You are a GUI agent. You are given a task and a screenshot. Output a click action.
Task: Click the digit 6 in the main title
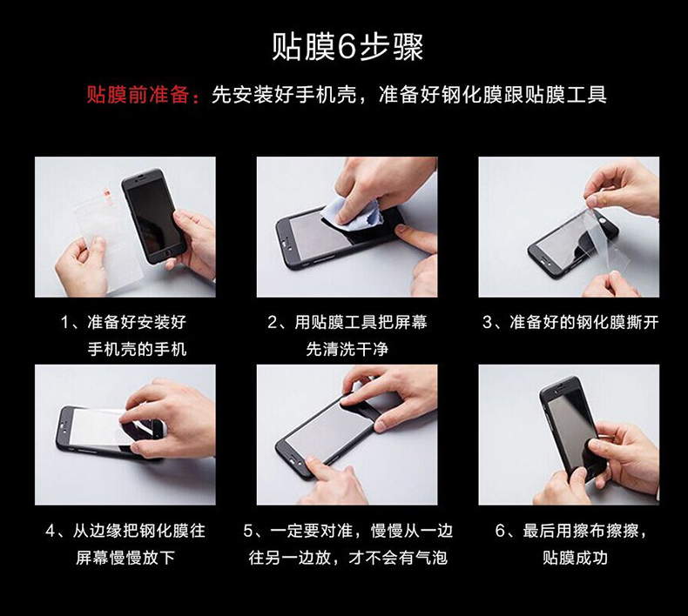click(347, 47)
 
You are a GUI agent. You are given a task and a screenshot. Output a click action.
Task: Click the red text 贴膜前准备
click(138, 94)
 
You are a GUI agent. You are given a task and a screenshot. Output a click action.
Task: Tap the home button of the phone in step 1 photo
click(166, 253)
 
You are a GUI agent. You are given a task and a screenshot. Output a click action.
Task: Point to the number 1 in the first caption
click(64, 323)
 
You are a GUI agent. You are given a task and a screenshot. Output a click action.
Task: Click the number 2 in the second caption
click(272, 323)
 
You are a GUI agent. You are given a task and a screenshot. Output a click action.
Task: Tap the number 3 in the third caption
click(487, 323)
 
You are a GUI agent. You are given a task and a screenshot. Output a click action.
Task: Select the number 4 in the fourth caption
click(51, 531)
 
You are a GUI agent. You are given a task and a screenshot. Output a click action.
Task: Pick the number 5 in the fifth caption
click(248, 531)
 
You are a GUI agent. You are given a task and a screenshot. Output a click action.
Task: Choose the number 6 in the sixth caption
click(500, 531)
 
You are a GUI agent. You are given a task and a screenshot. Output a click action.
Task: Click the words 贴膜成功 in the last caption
click(575, 558)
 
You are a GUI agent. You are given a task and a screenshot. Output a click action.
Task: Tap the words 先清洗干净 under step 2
click(347, 350)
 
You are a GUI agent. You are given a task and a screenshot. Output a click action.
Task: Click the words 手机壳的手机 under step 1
click(137, 350)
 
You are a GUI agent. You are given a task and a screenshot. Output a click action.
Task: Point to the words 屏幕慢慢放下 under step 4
click(125, 558)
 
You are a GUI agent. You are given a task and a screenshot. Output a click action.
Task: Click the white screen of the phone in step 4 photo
click(94, 427)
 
